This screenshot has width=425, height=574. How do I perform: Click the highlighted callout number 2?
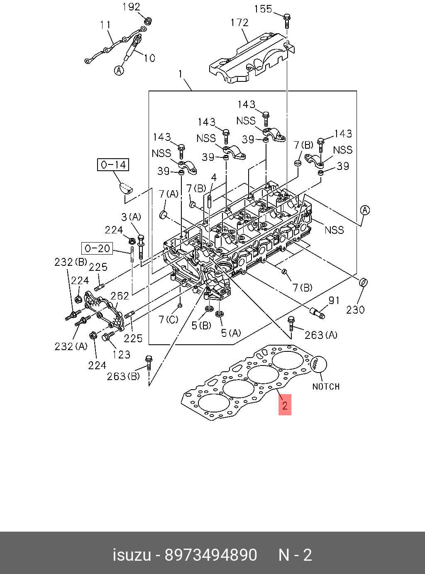pos(285,405)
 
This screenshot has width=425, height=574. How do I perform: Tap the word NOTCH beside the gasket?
pos(326,387)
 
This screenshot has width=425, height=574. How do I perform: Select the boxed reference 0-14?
pos(113,165)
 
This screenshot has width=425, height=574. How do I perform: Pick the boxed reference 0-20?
pos(97,248)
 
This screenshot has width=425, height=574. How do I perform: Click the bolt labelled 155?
pos(287,21)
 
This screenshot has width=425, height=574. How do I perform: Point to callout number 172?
pos(239,23)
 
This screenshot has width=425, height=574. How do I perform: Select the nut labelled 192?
pos(148,21)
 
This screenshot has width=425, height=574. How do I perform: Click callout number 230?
pos(355,310)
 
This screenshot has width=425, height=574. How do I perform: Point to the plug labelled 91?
pos(318,312)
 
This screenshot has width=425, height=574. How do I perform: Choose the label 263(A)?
pos(321,336)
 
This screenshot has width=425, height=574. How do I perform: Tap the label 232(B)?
pos(71,262)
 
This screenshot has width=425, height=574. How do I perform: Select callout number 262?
pos(120,296)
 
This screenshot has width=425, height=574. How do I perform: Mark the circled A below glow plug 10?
pos(119,70)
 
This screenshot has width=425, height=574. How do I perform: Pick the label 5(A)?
pos(231,333)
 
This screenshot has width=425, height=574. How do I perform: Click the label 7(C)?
pos(169,319)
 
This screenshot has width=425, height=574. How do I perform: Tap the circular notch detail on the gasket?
pos(318,364)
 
